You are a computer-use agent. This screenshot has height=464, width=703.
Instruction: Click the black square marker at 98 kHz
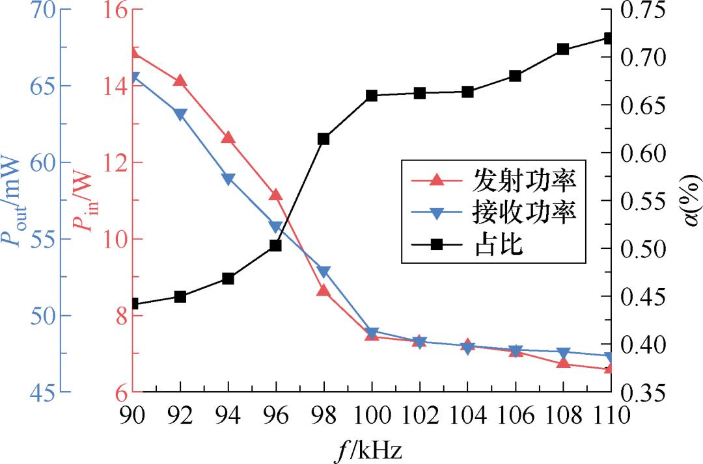coord(324,138)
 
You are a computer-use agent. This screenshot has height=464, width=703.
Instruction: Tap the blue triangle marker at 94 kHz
coord(228,179)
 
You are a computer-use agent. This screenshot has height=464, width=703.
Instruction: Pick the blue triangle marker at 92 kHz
coord(180,114)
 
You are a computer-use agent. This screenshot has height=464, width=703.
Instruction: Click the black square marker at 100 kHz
coord(372,96)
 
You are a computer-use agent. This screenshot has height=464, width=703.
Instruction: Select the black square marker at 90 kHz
coord(133,303)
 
